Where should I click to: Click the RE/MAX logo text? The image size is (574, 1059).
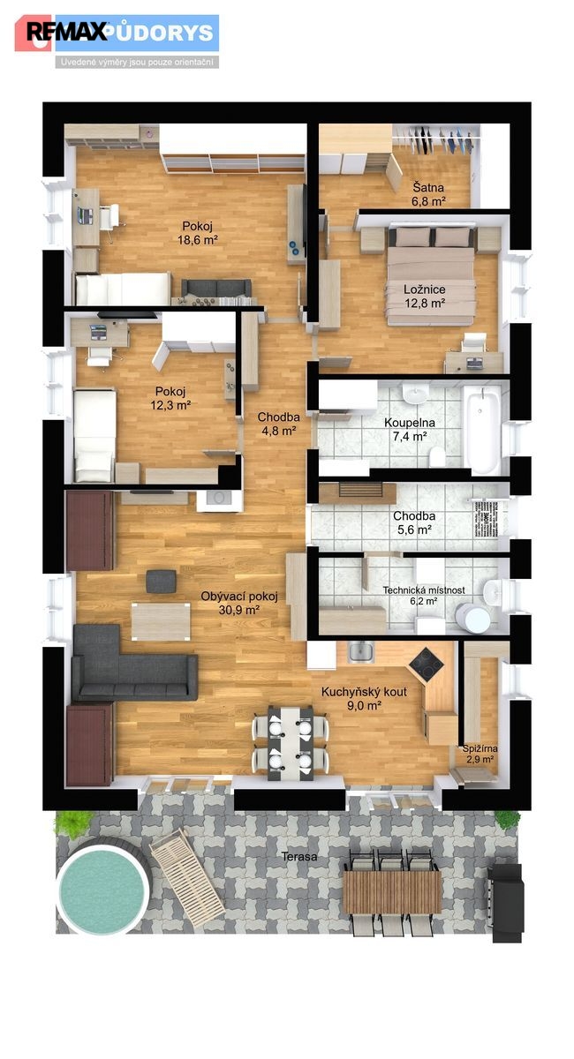[x=67, y=32]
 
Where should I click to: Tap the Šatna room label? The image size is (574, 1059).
[x=428, y=187]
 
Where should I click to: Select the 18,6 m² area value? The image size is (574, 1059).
[x=197, y=240]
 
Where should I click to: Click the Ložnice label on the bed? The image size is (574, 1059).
[x=425, y=289]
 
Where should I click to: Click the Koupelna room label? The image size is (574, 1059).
[x=410, y=423]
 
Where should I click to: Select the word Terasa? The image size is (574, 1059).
[x=299, y=856]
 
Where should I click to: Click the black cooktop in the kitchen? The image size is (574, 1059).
[x=426, y=665]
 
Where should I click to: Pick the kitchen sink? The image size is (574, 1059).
[x=360, y=652]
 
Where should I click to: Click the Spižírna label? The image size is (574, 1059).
[x=480, y=748]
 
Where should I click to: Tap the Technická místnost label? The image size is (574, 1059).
[x=424, y=590]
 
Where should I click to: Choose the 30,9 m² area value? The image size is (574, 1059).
[x=239, y=610]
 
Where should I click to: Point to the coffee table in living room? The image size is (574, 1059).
[x=161, y=621]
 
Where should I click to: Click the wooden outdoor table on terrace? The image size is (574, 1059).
[x=392, y=892]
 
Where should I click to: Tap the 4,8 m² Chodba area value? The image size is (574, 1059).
[x=279, y=431]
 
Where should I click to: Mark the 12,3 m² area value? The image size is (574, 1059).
[x=170, y=405]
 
